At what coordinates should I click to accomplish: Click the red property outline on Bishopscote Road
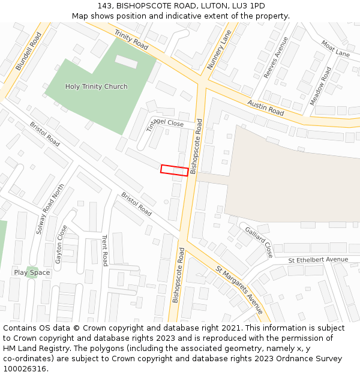174,170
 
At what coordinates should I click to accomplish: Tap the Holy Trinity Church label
96,86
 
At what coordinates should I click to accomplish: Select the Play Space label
32,272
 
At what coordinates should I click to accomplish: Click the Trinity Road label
131,40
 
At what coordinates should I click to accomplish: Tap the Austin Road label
265,108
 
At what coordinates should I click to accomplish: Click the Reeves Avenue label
275,58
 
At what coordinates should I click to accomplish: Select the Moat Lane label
335,49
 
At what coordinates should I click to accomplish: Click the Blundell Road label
28,52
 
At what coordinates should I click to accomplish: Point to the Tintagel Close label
165,121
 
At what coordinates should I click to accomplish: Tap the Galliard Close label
259,242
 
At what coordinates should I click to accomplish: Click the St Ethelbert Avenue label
317,260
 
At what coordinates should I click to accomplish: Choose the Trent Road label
104,250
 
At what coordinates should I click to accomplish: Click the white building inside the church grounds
126,61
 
